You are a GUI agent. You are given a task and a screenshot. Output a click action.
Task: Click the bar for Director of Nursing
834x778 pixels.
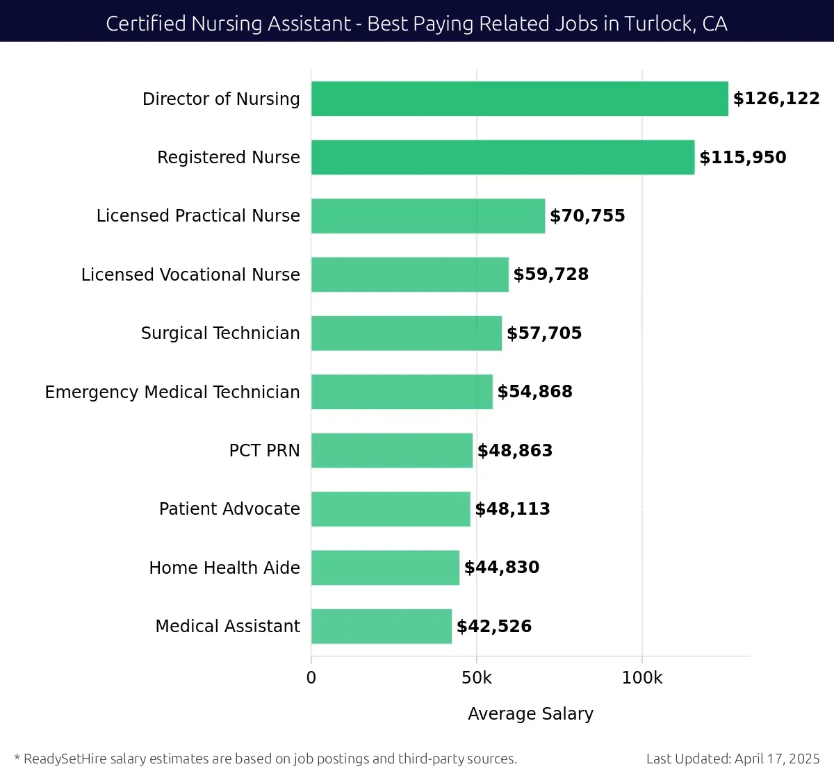pyautogui.click(x=519, y=99)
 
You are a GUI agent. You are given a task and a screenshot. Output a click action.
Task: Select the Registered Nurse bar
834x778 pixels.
pyautogui.click(x=502, y=157)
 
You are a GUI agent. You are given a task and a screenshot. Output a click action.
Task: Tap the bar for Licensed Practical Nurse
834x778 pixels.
pyautogui.click(x=428, y=216)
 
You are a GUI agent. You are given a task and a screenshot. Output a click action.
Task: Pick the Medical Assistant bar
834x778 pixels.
pyautogui.click(x=382, y=627)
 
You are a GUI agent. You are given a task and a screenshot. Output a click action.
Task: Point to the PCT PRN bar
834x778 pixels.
pyautogui.click(x=392, y=450)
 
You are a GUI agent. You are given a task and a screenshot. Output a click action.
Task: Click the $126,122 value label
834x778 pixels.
pyautogui.click(x=776, y=99)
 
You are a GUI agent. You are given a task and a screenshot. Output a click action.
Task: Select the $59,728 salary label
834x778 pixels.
pyautogui.click(x=550, y=274)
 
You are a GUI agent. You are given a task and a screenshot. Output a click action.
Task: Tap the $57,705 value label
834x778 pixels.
pyautogui.click(x=544, y=333)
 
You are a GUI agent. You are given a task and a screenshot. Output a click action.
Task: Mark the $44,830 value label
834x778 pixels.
pyautogui.click(x=501, y=568)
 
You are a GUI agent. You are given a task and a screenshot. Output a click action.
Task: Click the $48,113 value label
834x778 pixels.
pyautogui.click(x=512, y=509)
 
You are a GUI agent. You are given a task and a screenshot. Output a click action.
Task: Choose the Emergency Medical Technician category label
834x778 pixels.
pyautogui.click(x=172, y=392)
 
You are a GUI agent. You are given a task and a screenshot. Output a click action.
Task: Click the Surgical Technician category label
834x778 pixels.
pyautogui.click(x=220, y=333)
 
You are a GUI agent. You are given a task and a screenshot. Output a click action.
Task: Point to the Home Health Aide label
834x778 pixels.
pyautogui.click(x=224, y=568)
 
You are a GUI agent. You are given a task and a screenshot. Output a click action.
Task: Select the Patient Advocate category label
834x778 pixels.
pyautogui.click(x=229, y=509)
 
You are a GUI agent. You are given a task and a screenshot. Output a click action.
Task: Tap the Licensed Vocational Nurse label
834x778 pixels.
pyautogui.click(x=190, y=274)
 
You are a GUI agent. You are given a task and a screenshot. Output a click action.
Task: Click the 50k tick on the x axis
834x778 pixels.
pyautogui.click(x=477, y=678)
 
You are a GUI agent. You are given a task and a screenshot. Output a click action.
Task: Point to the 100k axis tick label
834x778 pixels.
pyautogui.click(x=641, y=678)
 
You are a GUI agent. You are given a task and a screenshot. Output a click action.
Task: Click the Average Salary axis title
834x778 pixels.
pyautogui.click(x=530, y=714)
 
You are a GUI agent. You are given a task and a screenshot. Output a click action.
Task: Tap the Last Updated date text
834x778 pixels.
pyautogui.click(x=733, y=759)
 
